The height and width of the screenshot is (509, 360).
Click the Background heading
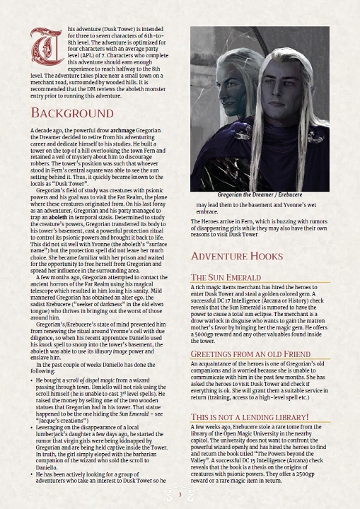(x=72, y=114)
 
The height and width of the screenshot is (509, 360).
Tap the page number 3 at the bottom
(x=180, y=493)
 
